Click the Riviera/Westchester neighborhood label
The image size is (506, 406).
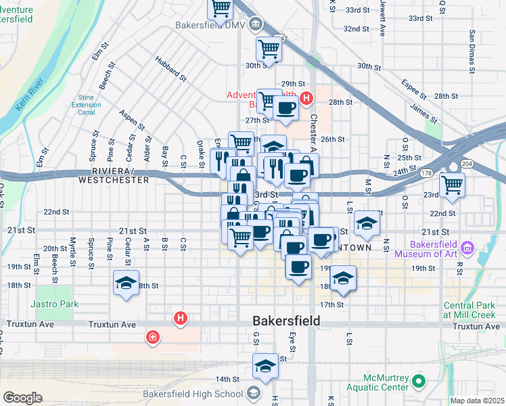[114, 176]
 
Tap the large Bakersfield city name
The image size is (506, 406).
[286, 319]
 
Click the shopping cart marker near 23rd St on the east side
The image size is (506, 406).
[452, 183]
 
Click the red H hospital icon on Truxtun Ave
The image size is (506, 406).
[180, 317]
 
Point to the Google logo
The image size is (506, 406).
[22, 397]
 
